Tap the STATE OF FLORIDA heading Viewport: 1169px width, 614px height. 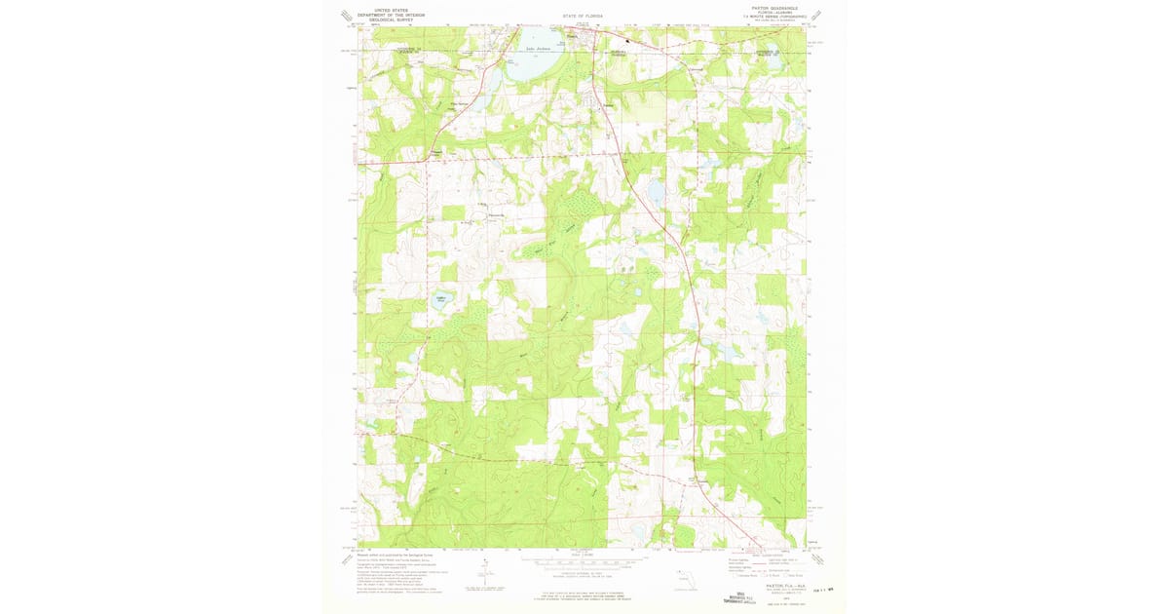click(x=584, y=18)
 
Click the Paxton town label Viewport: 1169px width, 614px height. click(x=610, y=105)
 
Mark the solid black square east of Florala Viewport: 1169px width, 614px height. click(x=628, y=41)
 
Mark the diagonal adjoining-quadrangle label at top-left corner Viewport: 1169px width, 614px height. click(x=344, y=15)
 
